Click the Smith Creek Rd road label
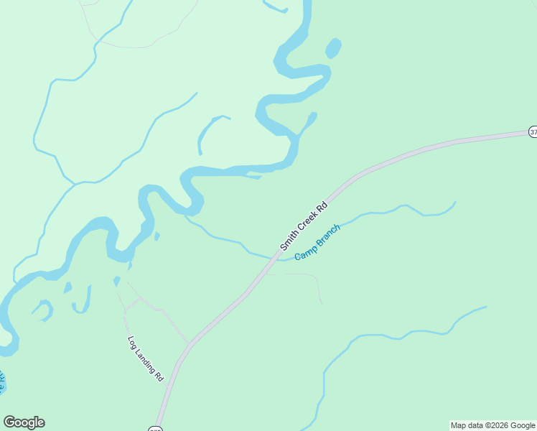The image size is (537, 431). (304, 226)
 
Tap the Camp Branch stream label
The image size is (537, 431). (317, 242)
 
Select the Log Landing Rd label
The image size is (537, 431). (146, 358)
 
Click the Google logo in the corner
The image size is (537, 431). (24, 422)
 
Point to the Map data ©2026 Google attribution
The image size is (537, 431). (493, 426)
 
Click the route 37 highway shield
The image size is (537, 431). (533, 132)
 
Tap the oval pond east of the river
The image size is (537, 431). (333, 49)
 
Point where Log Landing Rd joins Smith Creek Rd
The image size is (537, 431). (189, 344)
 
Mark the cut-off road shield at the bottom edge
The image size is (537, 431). (155, 428)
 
